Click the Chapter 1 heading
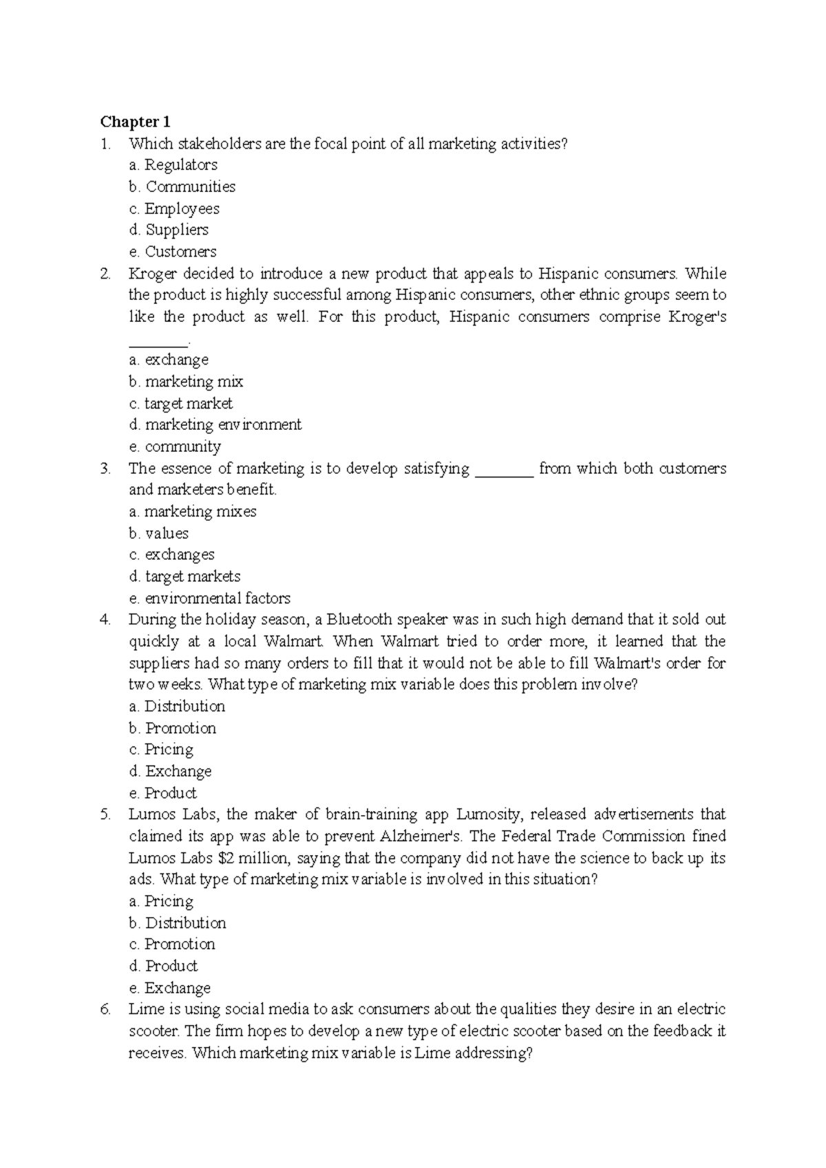pyautogui.click(x=135, y=122)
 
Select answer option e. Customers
pyautogui.click(x=172, y=252)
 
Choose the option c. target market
pyautogui.click(x=180, y=404)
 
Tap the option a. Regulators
pyautogui.click(x=172, y=165)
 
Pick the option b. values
pyautogui.click(x=158, y=534)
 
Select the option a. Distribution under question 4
pyautogui.click(x=176, y=706)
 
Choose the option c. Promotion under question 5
pyautogui.click(x=171, y=944)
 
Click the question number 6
pyautogui.click(x=105, y=1010)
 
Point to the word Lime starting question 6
pyautogui.click(x=143, y=1010)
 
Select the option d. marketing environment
pyautogui.click(x=215, y=425)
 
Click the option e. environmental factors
pyautogui.click(x=209, y=598)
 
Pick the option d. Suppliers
pyautogui.click(x=168, y=230)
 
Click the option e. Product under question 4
pyautogui.click(x=162, y=793)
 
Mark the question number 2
pyautogui.click(x=105, y=274)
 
